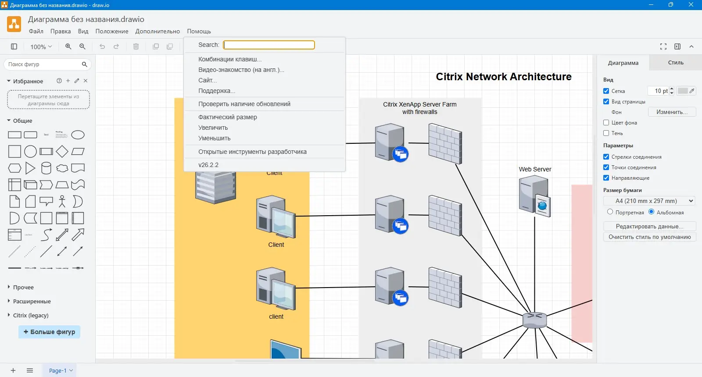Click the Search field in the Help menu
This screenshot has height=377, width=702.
(x=269, y=45)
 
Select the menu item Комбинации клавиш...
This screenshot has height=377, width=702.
(x=229, y=59)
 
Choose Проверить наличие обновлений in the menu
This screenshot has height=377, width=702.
(x=244, y=104)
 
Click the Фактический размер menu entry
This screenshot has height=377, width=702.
(x=227, y=117)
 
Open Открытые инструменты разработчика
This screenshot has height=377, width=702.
(x=252, y=152)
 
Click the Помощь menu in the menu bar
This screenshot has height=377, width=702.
(x=199, y=31)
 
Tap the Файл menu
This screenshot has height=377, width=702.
(x=36, y=31)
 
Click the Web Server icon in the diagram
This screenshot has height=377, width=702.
(x=534, y=196)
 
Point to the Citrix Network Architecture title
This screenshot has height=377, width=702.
(x=503, y=77)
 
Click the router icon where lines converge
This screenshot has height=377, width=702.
(x=534, y=320)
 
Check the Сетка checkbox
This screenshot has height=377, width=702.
(x=606, y=91)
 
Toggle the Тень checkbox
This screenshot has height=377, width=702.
(x=606, y=133)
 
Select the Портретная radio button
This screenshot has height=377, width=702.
(x=610, y=212)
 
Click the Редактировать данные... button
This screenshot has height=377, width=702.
(x=649, y=226)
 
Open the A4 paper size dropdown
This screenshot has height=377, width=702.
(x=649, y=201)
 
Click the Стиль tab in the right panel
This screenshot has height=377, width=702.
(x=675, y=63)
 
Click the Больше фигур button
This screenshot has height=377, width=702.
(x=49, y=332)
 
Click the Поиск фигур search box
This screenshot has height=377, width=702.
(x=44, y=64)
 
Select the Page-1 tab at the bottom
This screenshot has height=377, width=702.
(x=58, y=370)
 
